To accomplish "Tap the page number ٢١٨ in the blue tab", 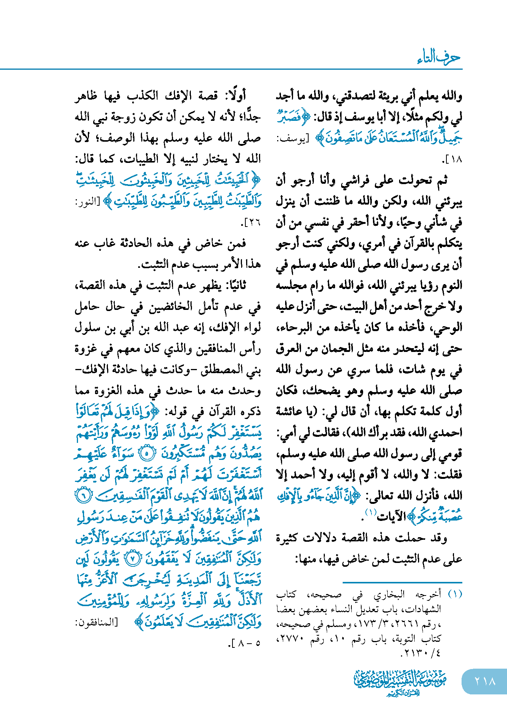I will (485, 681).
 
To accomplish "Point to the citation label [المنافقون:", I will (96, 622).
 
